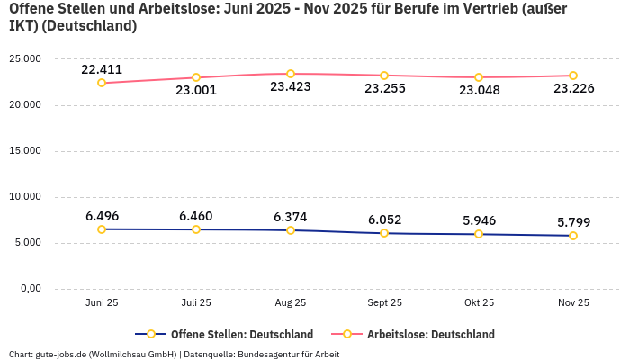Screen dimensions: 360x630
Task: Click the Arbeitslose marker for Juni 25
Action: pos(102,83)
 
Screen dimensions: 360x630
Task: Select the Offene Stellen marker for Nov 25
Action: pos(573,236)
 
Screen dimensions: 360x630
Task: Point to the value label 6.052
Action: pos(384,220)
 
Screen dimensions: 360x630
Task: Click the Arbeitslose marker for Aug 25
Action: pos(291,74)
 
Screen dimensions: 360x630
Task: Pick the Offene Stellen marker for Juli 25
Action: pos(196,229)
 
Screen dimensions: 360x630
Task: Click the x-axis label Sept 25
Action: pos(384,302)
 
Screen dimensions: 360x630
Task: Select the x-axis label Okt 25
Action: pos(479,302)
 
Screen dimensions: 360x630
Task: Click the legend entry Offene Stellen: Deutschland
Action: pos(229,335)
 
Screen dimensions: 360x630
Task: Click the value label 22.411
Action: pos(102,69)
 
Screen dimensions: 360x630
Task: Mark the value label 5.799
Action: pos(573,222)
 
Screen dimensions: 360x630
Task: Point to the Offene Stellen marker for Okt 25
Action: pos(479,234)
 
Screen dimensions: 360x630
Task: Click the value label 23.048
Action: pos(479,90)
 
